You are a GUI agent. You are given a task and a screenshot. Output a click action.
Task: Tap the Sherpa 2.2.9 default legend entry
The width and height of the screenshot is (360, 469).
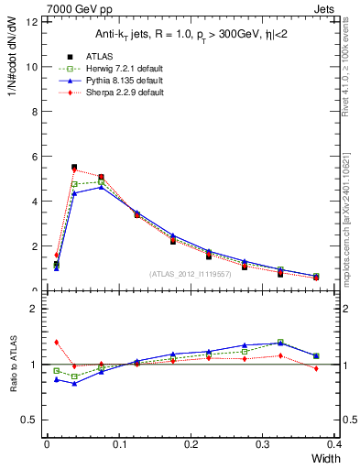pyautogui.click(x=114, y=93)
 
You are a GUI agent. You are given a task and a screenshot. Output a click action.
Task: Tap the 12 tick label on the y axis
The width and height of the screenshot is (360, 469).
pyautogui.click(x=31, y=22)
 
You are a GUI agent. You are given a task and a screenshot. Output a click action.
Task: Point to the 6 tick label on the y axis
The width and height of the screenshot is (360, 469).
pyautogui.click(x=34, y=157)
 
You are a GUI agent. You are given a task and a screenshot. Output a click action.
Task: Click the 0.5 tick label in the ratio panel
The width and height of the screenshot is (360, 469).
pyautogui.click(x=29, y=420)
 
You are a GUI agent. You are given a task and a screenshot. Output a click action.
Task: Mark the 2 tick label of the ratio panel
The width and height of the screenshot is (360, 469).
pyautogui.click(x=34, y=310)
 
